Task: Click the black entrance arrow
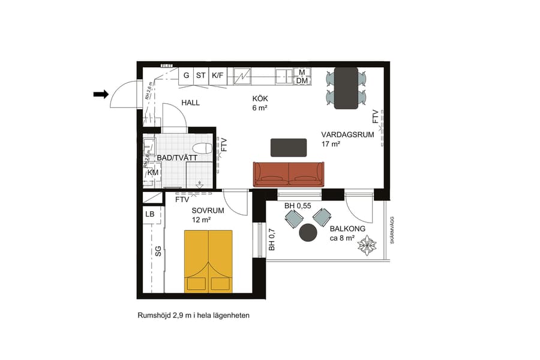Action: tap(101, 94)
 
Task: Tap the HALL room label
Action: tap(191, 103)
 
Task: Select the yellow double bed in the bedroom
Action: tap(208, 261)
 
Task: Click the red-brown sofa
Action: tap(289, 174)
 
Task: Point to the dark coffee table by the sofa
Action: tap(289, 147)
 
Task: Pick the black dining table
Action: tap(346, 88)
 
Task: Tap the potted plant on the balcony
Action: tap(367, 246)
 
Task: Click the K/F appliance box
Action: tap(217, 76)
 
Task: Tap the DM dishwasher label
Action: tap(302, 81)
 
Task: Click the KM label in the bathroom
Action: tap(153, 173)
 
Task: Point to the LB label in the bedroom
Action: tap(150, 214)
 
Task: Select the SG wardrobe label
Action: tap(158, 251)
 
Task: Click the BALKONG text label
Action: tap(348, 229)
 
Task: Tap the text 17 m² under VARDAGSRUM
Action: tap(331, 144)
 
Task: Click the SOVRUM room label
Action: tap(208, 211)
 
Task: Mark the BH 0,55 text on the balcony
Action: tap(298, 206)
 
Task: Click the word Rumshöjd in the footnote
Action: tap(154, 315)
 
